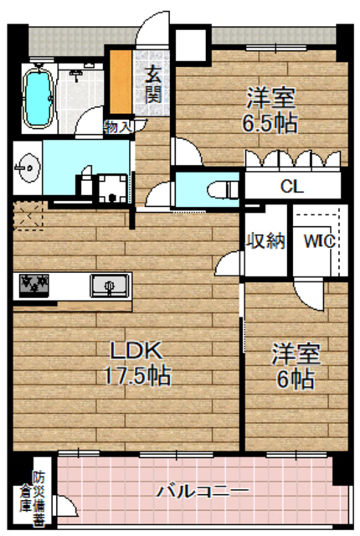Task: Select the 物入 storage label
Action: click(x=118, y=127)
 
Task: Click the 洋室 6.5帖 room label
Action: click(x=270, y=110)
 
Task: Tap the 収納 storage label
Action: click(x=265, y=241)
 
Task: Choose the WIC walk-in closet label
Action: click(x=319, y=241)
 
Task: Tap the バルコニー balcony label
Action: click(x=203, y=490)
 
